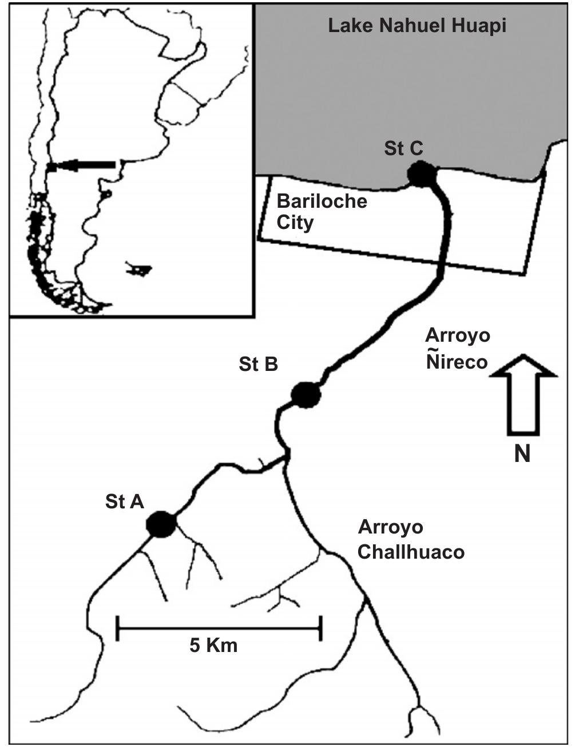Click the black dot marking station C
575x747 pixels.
422,174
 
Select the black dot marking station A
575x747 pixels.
160,524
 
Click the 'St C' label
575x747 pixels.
403,148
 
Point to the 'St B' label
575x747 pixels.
259,364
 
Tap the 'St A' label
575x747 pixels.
125,501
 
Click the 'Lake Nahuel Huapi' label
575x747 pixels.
417,26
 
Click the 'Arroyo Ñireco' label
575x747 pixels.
458,348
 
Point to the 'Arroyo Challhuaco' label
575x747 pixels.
411,539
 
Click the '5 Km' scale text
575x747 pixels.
213,646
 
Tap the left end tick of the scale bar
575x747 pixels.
118,628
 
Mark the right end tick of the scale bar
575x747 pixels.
321,628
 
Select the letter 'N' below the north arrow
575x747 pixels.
522,454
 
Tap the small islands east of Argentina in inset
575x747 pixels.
139,268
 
